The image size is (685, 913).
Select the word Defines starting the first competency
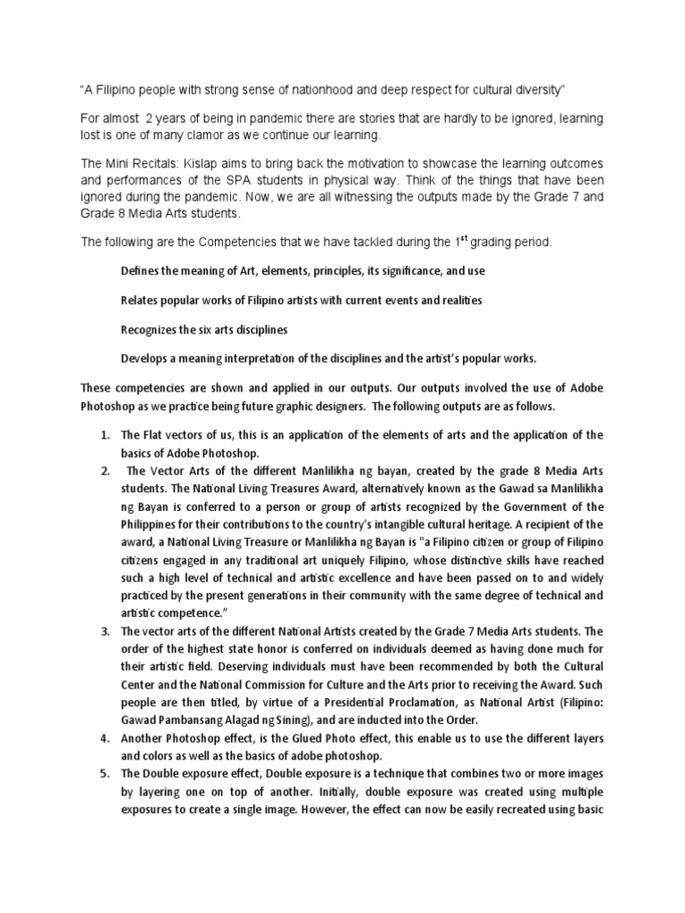pos(142,270)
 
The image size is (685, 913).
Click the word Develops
pos(144,359)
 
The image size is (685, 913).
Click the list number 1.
pos(103,435)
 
